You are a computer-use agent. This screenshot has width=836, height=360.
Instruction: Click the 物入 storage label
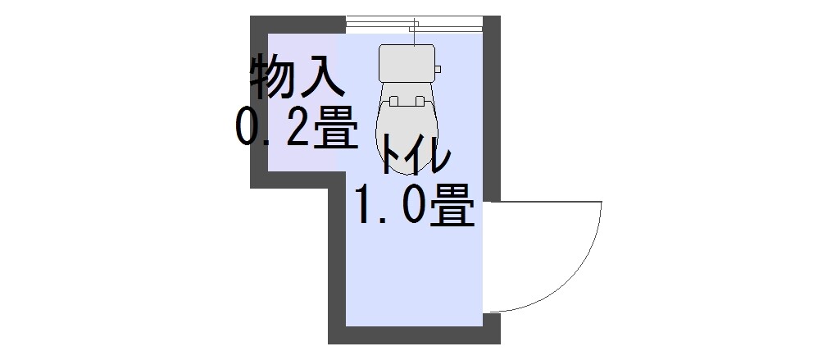(297, 76)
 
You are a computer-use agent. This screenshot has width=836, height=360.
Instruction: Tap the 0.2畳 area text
(297, 127)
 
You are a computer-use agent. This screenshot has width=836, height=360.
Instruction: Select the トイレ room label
(416, 154)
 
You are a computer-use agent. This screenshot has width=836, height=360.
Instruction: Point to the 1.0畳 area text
(415, 205)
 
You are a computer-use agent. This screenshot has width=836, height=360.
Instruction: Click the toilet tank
(407, 63)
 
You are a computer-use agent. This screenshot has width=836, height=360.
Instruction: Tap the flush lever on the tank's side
(438, 69)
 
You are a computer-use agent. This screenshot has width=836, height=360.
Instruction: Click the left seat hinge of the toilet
(394, 101)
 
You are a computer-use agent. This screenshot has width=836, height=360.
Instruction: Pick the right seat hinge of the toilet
(420, 101)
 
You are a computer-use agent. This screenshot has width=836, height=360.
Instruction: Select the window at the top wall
(414, 25)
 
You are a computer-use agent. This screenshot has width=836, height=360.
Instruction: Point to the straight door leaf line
(543, 202)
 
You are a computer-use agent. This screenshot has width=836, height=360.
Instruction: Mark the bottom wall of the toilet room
(414, 335)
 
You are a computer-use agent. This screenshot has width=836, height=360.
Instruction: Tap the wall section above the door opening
(492, 108)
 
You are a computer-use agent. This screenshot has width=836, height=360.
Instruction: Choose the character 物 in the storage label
(272, 76)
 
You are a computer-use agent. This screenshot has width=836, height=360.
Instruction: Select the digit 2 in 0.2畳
(298, 127)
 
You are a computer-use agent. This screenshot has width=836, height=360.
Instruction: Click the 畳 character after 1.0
(452, 205)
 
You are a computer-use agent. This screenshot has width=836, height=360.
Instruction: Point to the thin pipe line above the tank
(414, 32)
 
